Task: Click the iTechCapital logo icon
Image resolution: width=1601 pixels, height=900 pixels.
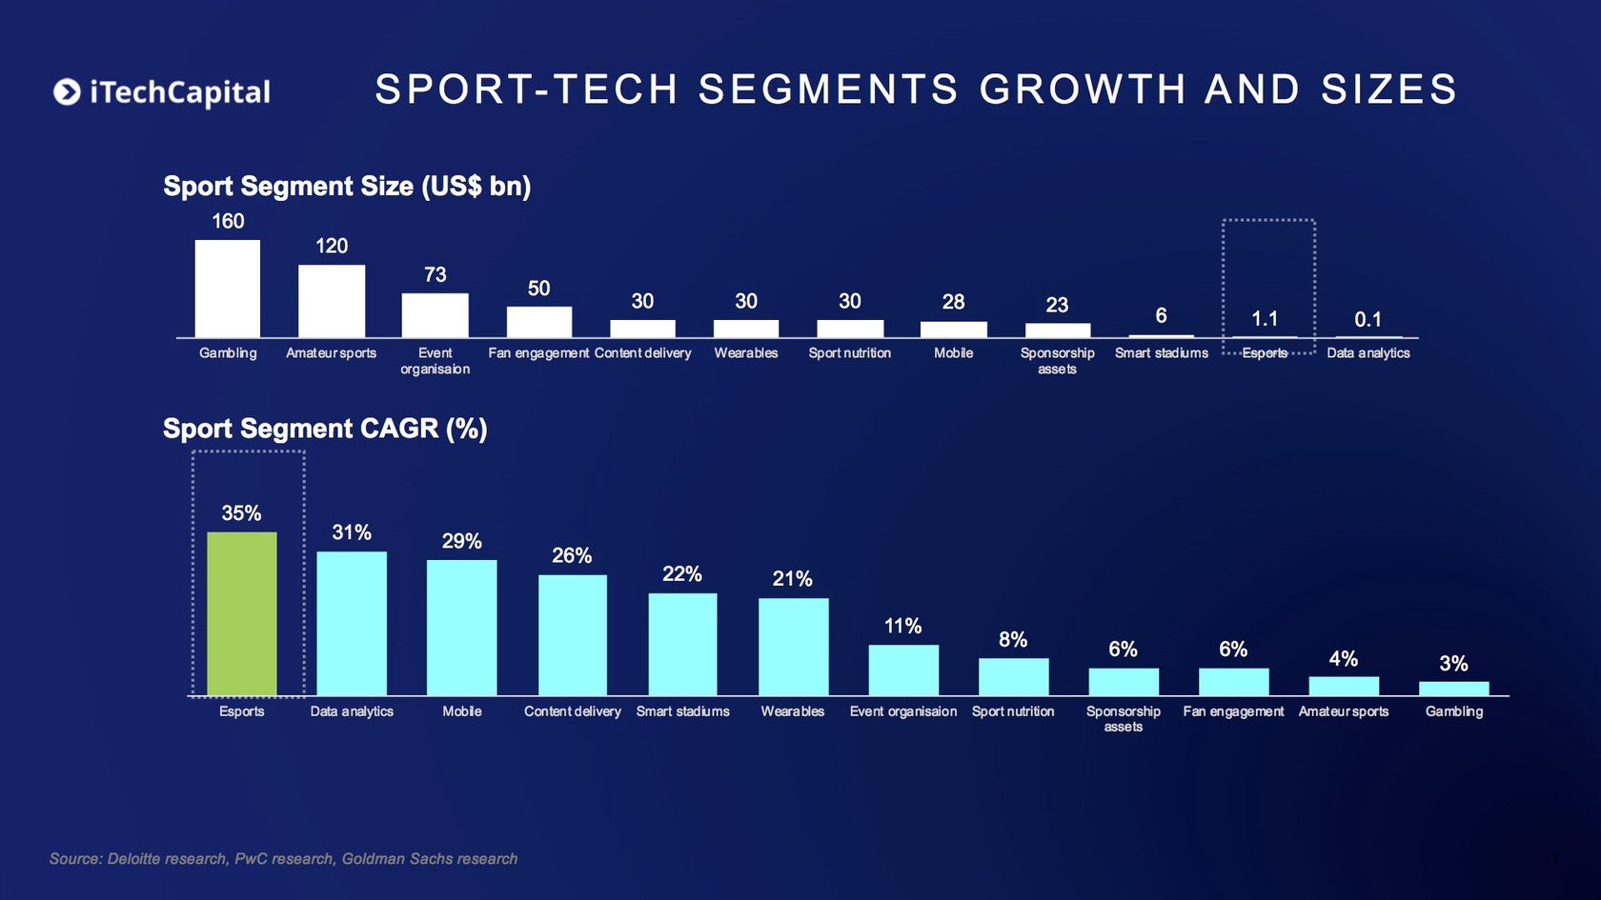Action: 67,91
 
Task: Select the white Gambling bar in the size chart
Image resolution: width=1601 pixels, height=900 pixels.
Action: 228,289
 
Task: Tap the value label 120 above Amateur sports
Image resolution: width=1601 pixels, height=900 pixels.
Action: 332,246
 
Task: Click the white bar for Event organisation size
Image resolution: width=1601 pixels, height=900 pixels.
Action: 435,315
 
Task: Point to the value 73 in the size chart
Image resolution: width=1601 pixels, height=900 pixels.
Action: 435,274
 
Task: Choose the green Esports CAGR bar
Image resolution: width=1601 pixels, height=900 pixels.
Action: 242,614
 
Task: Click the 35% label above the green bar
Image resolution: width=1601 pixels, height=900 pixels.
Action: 241,513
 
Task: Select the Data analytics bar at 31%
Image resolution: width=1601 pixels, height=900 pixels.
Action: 352,624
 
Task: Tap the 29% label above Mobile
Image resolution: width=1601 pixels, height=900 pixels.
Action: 461,541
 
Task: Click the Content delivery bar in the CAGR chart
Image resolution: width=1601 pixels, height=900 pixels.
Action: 572,635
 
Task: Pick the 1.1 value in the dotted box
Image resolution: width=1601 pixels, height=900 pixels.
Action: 1264,318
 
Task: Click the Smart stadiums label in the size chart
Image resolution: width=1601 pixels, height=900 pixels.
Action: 1161,353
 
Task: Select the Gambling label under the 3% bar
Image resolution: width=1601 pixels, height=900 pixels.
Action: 1453,711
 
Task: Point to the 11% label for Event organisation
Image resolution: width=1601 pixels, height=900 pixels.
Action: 902,626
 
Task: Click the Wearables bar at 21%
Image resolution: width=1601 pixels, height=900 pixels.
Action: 793,647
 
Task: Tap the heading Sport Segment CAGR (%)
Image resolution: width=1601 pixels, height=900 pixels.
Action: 325,429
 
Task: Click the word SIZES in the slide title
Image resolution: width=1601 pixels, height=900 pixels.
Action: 1388,90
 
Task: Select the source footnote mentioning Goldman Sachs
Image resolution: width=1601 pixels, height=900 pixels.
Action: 283,858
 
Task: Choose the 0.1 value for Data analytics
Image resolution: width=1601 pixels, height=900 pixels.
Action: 1368,319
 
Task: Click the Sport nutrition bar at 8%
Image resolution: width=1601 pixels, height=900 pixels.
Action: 1013,677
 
